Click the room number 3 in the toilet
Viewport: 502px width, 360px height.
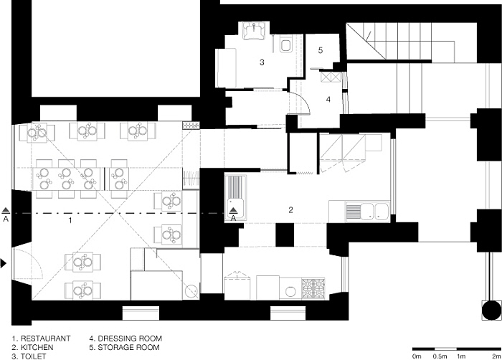point(262,62)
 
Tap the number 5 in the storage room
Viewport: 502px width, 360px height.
point(321,50)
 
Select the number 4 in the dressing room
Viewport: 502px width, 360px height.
point(328,100)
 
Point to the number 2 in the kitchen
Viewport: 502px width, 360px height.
point(290,210)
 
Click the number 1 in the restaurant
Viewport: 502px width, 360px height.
point(70,220)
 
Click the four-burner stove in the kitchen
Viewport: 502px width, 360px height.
point(313,288)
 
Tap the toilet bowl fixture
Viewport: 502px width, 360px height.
point(285,45)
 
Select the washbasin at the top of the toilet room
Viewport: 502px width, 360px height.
point(254,31)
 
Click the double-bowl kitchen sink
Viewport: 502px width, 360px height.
point(367,212)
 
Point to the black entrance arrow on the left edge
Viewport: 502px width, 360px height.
point(3,264)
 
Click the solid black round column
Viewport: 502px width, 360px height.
point(491,310)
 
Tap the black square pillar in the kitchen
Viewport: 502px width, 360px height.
point(285,235)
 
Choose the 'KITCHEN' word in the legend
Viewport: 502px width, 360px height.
point(37,347)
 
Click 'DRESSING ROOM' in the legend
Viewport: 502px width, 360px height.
point(130,338)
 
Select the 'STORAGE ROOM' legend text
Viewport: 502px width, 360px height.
point(128,347)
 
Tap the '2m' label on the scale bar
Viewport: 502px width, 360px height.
point(496,356)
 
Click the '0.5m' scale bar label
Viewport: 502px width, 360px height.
point(440,356)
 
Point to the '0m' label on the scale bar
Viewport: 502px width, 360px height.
point(417,356)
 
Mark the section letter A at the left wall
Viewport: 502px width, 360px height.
point(6,219)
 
